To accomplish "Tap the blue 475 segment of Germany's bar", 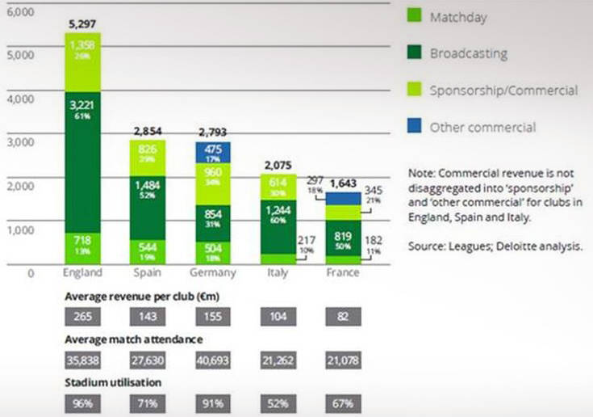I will [212, 152].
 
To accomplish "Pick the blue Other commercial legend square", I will [413, 126].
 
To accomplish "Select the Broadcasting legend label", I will [468, 54].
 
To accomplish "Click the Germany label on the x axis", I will [212, 272].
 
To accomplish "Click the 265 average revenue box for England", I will [83, 315].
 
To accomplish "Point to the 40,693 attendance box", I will [212, 359].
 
